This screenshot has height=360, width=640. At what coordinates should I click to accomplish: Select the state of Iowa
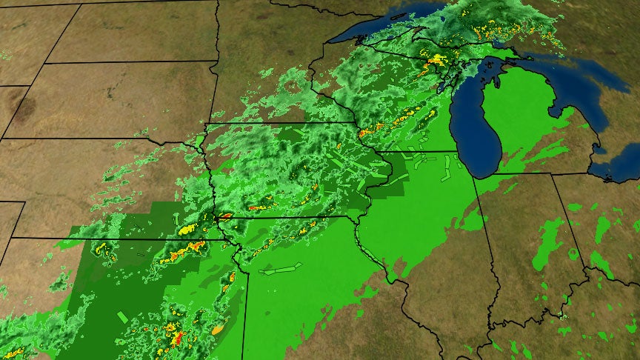[x=289, y=170]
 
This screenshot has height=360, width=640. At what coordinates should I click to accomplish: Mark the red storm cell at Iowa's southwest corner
[x=224, y=216]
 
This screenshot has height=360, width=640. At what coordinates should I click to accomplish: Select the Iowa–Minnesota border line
[x=281, y=123]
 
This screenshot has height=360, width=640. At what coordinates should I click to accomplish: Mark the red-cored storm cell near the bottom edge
[x=177, y=340]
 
